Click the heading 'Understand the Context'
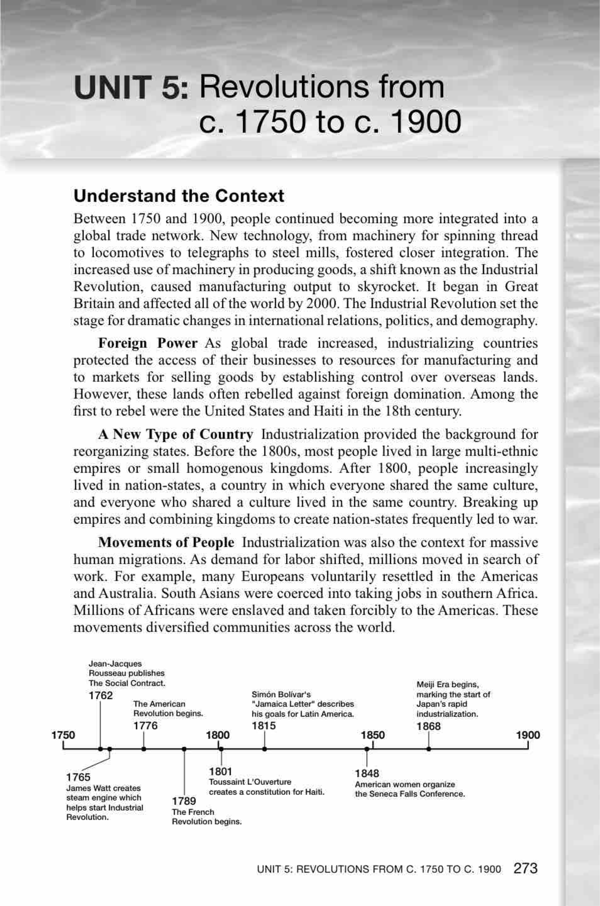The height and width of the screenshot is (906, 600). coord(178,196)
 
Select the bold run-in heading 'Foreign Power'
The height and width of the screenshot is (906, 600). coord(147,343)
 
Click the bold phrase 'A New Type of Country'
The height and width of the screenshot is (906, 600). coord(175,434)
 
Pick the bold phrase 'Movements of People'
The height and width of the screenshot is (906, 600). coord(166,542)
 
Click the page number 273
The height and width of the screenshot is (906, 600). coord(525,868)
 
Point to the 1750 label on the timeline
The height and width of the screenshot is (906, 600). coord(63,735)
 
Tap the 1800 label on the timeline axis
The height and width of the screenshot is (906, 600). coord(218,735)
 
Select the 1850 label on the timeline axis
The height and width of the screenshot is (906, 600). coord(373,735)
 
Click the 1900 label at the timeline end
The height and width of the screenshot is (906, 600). coord(528,735)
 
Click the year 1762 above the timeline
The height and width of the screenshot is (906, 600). coord(100,695)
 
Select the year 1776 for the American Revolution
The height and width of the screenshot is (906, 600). coord(145,725)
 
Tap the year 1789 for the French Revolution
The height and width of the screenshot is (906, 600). coord(184,801)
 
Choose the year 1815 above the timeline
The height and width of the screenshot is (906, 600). coord(263,725)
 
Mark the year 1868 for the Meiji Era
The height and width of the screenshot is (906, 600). coord(428,726)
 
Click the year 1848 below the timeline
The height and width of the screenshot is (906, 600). coord(367,773)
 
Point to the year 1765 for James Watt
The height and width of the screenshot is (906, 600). coord(78,777)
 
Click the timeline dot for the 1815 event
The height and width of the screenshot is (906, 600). coord(264,749)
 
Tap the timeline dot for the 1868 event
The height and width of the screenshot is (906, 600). coord(428,749)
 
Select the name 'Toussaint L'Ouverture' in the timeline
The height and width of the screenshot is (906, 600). coord(250,782)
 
